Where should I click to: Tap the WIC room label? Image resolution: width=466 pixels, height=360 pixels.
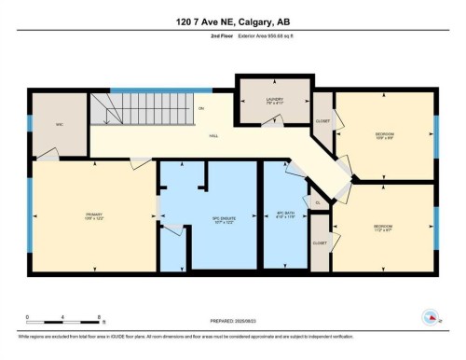click(59, 122)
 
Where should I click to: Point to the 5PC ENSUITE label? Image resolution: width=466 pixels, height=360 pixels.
click(209, 222)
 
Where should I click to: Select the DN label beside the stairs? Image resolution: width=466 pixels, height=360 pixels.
click(199, 108)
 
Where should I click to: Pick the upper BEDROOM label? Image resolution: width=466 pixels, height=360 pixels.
click(384, 135)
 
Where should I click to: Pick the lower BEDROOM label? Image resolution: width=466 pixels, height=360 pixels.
click(382, 227)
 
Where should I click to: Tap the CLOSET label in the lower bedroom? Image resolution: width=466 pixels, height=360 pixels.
click(320, 242)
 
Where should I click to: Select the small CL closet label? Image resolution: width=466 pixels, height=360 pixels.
click(318, 201)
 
